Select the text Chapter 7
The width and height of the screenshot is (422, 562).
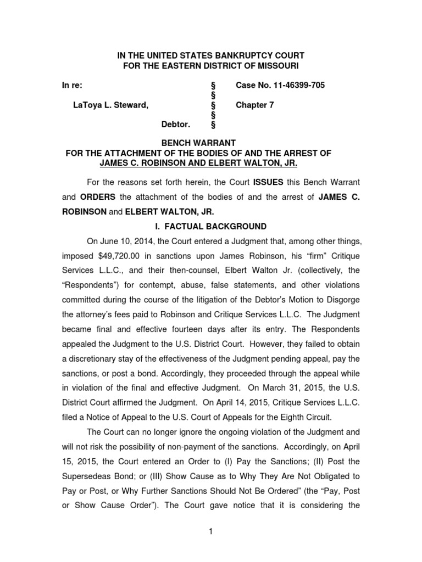point(254,105)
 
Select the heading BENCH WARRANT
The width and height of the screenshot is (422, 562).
point(210,143)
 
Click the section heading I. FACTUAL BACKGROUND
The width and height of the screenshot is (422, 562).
point(211,226)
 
